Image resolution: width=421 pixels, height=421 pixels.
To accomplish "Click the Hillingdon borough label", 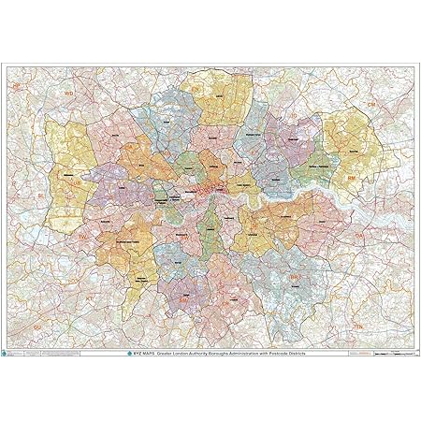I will (x=67, y=174).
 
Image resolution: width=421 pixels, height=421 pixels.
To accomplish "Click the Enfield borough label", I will (x=218, y=96).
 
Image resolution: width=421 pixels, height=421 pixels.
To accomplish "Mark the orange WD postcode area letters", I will (x=67, y=94).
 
